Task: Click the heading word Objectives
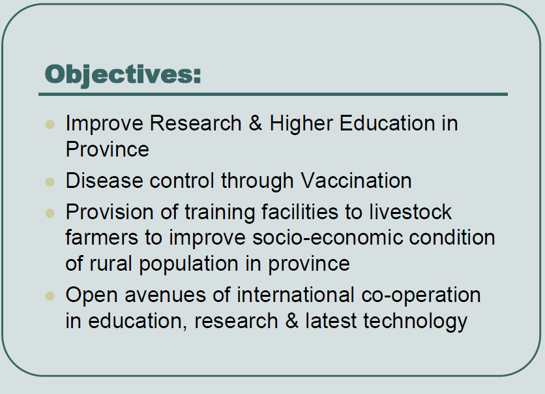[123, 75]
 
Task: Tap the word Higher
[301, 124]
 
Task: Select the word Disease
[104, 181]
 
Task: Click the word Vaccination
[356, 181]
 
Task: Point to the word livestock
[410, 212]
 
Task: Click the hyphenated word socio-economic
[327, 238]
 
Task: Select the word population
[189, 264]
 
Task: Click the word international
[295, 295]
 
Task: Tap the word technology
[415, 322]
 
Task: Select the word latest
[331, 321]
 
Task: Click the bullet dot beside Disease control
[50, 182]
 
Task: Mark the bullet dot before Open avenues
[50, 296]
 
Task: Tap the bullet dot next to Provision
[50, 213]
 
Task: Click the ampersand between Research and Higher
[256, 123]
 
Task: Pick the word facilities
[300, 212]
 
